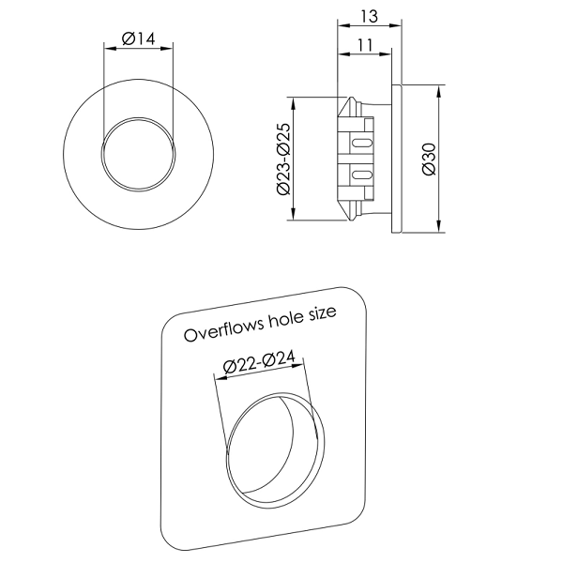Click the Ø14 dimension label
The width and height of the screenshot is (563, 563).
click(x=139, y=38)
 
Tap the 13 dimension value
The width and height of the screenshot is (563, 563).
click(x=370, y=17)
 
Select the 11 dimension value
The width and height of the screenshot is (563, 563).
click(x=366, y=45)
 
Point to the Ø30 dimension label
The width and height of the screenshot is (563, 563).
click(x=429, y=160)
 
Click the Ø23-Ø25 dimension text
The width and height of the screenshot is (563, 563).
click(x=283, y=160)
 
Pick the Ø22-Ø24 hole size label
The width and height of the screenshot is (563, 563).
click(x=259, y=362)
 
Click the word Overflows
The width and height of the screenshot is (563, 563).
click(x=223, y=329)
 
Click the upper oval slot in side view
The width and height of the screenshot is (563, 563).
click(x=362, y=143)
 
